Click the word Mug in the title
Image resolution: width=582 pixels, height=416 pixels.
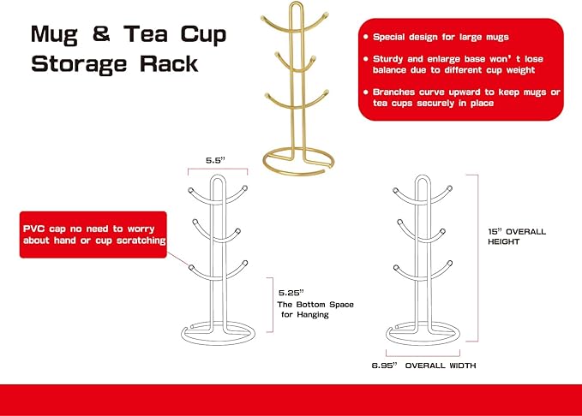click(x=54, y=34)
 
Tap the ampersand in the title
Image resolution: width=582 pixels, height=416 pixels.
click(x=101, y=33)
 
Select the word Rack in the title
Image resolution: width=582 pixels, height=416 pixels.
click(x=169, y=64)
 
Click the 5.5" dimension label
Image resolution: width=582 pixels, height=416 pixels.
click(x=216, y=160)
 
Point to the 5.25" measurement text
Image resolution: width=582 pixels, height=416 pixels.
click(x=291, y=293)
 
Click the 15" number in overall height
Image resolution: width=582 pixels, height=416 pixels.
click(x=495, y=232)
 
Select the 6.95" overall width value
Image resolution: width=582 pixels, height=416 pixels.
click(x=384, y=365)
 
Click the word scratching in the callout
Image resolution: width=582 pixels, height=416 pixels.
click(x=141, y=241)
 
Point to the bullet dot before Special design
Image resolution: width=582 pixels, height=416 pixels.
click(x=366, y=37)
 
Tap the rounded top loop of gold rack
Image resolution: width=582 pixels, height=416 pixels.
click(x=296, y=3)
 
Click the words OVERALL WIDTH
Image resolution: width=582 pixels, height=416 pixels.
click(x=441, y=365)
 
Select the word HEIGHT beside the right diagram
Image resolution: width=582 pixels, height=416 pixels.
click(x=504, y=241)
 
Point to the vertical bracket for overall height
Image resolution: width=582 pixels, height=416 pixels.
click(x=477, y=258)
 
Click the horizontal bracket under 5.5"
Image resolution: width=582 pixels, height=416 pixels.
click(x=218, y=169)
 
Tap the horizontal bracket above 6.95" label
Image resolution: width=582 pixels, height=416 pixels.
click(x=423, y=355)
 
